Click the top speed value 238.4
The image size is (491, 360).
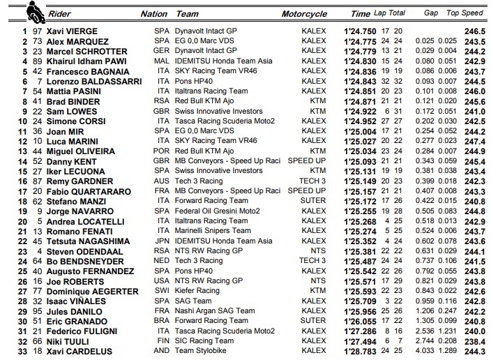pyautogui.click(x=476, y=341)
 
